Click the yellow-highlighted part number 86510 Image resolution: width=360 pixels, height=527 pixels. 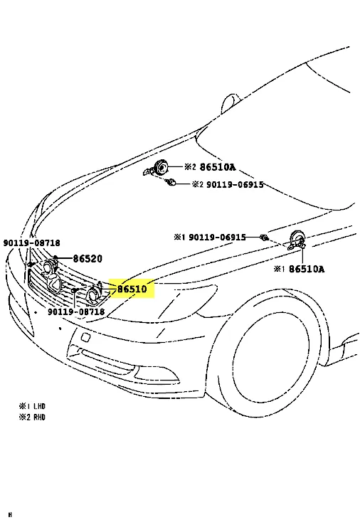[x=132, y=289]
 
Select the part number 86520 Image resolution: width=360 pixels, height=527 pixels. [x=88, y=258]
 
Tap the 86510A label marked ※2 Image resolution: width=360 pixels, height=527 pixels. [x=218, y=167]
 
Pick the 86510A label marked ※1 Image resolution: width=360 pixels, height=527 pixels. [x=307, y=269]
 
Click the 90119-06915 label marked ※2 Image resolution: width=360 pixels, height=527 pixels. [x=235, y=184]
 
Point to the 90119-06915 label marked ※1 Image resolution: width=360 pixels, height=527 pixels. [x=217, y=238]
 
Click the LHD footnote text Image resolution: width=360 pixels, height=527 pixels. [x=39, y=406]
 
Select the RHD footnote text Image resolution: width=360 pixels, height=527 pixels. [x=39, y=417]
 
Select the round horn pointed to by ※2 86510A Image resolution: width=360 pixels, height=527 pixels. [x=160, y=167]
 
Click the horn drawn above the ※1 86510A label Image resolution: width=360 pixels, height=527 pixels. [x=297, y=240]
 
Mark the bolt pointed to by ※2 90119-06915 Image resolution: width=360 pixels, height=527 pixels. [x=171, y=183]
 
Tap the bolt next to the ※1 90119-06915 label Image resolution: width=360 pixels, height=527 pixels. [x=265, y=238]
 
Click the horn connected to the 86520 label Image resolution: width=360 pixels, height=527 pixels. [x=49, y=268]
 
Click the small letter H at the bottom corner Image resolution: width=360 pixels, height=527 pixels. [x=10, y=515]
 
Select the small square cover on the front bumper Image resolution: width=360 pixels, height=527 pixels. [x=85, y=337]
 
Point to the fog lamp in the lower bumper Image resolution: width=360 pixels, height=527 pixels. [x=155, y=373]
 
